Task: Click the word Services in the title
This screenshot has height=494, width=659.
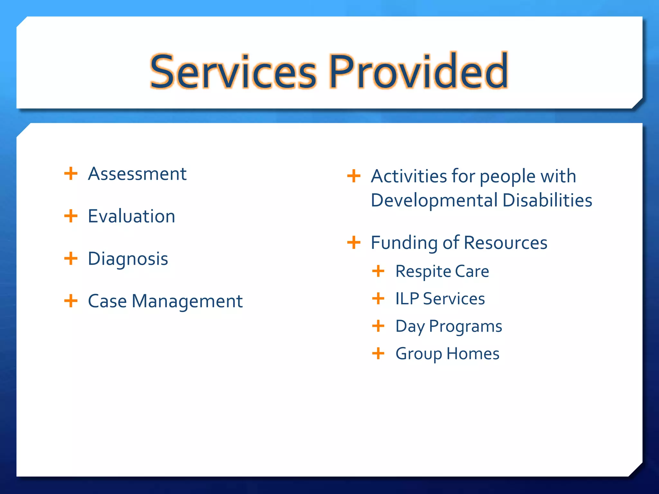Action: [x=233, y=71]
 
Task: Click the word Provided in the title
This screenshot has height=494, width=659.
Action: [x=418, y=71]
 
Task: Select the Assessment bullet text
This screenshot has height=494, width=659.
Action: [x=137, y=174]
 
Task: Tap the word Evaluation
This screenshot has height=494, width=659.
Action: [x=131, y=216]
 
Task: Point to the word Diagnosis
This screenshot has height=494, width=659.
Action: [x=128, y=259]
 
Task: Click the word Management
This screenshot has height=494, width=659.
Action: [x=187, y=302]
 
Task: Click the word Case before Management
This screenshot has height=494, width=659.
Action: [x=107, y=301]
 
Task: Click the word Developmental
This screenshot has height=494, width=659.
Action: [x=434, y=200]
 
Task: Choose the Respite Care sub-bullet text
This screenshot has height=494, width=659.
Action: [x=442, y=271]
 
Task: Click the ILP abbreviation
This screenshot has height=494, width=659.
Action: [x=407, y=299]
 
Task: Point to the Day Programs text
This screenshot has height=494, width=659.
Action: [x=449, y=326]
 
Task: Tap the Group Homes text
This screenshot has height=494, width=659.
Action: [x=447, y=354]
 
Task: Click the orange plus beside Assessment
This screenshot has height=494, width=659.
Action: [x=71, y=174]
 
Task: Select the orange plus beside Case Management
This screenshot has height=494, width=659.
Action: [x=71, y=301]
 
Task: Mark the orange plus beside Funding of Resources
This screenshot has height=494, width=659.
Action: [x=354, y=242]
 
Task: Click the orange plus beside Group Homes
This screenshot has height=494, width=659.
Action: [x=378, y=353]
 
